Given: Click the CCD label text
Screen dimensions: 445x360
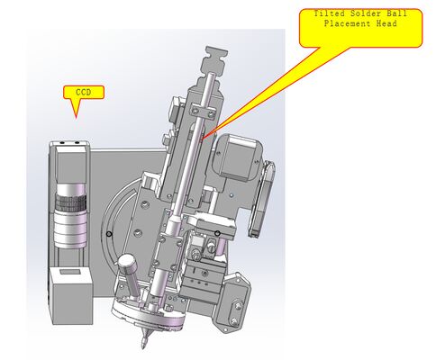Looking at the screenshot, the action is pos(84,93).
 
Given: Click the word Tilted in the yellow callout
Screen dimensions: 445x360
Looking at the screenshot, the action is pos(326,13).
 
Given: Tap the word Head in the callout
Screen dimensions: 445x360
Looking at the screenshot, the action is pos(386,23).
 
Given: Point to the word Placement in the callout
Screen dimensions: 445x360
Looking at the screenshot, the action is pos(347,23).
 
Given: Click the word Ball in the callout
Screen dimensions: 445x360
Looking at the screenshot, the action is pos(396,13).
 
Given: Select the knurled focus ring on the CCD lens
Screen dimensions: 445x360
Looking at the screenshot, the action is pos(71,203).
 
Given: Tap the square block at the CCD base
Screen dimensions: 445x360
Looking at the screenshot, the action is pos(72,296).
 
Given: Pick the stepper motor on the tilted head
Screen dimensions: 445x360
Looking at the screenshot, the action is pos(239,157).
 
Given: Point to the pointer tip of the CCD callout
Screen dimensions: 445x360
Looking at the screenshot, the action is pos(76,117).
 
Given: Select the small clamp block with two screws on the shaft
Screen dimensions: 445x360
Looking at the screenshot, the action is pos(203,112).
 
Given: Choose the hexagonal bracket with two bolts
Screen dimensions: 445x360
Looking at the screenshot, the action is pos(232,302).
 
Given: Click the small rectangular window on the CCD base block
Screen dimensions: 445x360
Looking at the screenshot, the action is pos(70,272).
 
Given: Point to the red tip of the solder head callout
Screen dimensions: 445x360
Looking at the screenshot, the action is pos(203,139).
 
